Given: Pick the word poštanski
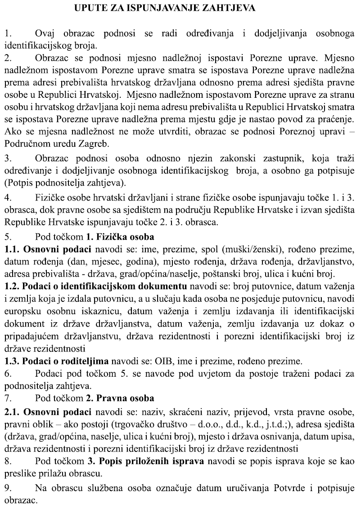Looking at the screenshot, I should (205, 274).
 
